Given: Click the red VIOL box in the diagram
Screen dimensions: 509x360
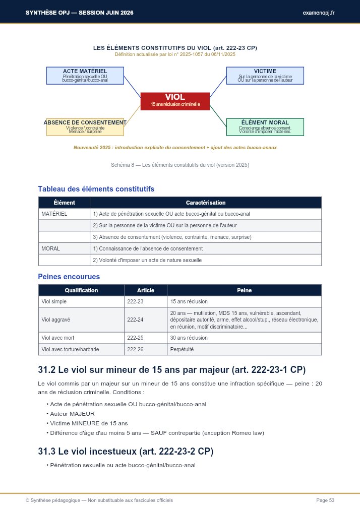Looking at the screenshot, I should pyautogui.click(x=175, y=101).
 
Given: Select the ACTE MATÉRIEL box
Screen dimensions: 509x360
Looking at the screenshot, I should pyautogui.click(x=85, y=76).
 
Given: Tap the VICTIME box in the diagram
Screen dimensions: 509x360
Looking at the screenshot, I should pyautogui.click(x=265, y=76).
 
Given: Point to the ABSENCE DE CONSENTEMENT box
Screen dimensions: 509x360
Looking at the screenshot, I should pyautogui.click(x=85, y=127).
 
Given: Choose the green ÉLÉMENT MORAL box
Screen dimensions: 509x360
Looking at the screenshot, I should pyautogui.click(x=265, y=127).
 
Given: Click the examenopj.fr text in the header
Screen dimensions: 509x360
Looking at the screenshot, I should pyautogui.click(x=319, y=12).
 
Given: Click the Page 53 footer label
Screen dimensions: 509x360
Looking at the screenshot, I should pyautogui.click(x=325, y=500).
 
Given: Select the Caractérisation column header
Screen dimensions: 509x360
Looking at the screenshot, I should pyautogui.click(x=205, y=203).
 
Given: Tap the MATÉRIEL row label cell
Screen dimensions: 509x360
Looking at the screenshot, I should pyautogui.click(x=64, y=214).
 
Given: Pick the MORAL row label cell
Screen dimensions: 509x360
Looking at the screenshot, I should pyautogui.click(x=64, y=248).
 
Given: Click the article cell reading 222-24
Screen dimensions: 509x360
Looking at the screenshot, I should pyautogui.click(x=145, y=320).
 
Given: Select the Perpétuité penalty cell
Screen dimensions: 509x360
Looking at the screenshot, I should pyautogui.click(x=244, y=349).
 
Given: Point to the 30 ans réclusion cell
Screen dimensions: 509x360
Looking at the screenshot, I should pyautogui.click(x=244, y=337).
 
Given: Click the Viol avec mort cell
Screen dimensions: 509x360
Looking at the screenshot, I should pyautogui.click(x=81, y=337).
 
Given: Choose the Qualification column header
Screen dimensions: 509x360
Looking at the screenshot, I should pyautogui.click(x=81, y=290).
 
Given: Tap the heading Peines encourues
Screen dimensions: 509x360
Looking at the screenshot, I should pyautogui.click(x=69, y=277).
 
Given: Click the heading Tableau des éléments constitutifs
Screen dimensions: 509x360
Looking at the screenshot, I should pyautogui.click(x=96, y=189).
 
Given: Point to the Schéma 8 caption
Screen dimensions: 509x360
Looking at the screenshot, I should pyautogui.click(x=180, y=165).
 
